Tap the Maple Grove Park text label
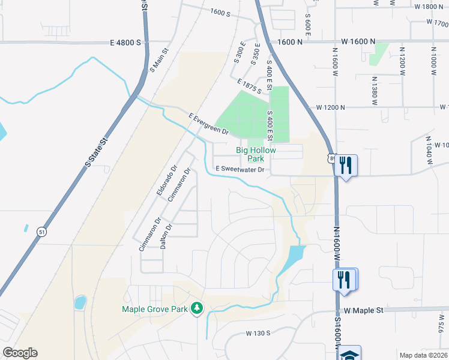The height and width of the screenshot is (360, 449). pyautogui.click(x=155, y=310)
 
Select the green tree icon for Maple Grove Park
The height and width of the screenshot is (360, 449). pyautogui.click(x=196, y=308)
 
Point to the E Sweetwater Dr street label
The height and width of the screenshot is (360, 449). pyautogui.click(x=240, y=170)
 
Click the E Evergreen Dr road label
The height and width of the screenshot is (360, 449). pyautogui.click(x=208, y=124)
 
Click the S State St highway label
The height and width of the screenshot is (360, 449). pyautogui.click(x=95, y=152)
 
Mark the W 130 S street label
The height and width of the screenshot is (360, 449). pyautogui.click(x=258, y=332)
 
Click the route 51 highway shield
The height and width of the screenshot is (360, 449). pyautogui.click(x=41, y=231)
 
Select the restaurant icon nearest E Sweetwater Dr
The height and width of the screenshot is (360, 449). pyautogui.click(x=345, y=164)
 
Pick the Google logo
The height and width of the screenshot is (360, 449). pyautogui.click(x=20, y=353)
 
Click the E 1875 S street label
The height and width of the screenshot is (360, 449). pyautogui.click(x=249, y=86)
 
